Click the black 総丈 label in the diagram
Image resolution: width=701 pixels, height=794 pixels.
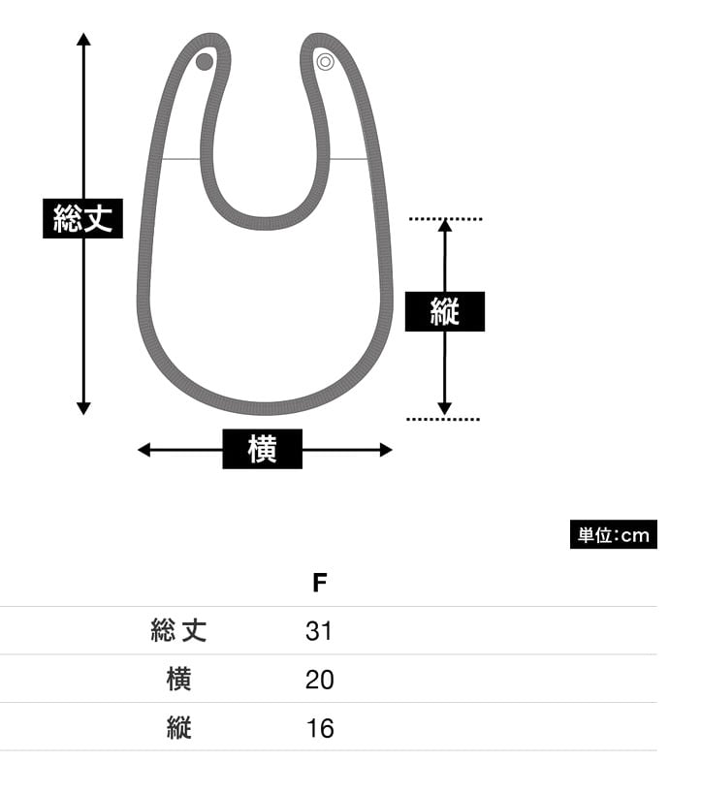pos(83,218)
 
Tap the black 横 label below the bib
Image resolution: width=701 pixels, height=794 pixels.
pos(263,450)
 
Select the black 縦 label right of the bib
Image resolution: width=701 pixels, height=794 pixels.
pos(444,312)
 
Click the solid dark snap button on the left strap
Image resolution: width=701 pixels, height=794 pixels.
pos(205,62)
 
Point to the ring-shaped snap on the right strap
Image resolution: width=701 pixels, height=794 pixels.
pos(326,62)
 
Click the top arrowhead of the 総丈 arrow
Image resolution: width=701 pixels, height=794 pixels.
pos(83,40)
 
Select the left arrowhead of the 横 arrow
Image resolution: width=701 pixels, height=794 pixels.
pos(144,450)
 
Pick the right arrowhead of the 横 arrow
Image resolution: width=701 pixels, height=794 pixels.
pos(386,450)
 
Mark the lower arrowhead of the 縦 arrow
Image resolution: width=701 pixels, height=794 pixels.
pos(444,408)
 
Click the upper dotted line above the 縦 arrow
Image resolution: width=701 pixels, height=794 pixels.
pos(445,220)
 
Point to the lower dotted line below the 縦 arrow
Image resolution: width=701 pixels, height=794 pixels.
pos(443,419)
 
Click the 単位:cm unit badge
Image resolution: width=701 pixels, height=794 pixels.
pos(613,535)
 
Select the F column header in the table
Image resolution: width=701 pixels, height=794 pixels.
pos(320,583)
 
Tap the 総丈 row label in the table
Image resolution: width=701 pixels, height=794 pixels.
pos(179,631)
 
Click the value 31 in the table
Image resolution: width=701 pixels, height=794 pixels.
pos(319,631)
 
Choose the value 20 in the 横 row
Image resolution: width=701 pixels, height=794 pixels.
pos(319,680)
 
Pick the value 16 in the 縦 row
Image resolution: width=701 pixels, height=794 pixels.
pos(319,728)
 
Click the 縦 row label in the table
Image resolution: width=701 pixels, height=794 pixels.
pos(179,728)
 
